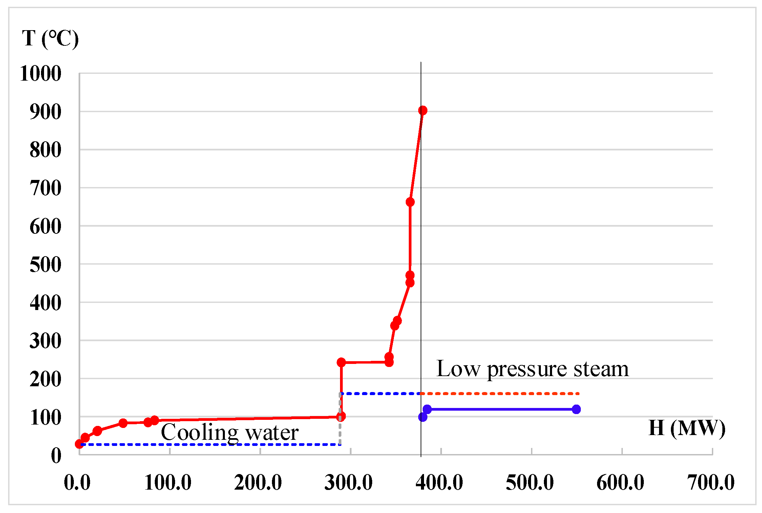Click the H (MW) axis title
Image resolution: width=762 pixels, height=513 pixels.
point(687,428)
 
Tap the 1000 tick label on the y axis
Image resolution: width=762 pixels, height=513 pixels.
point(41,73)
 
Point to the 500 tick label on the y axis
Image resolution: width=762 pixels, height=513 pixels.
point(45,265)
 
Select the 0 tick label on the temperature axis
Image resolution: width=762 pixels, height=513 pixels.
point(56,456)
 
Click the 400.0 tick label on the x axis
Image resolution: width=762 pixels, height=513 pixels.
point(439,483)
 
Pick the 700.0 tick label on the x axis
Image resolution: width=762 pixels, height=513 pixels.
point(711,483)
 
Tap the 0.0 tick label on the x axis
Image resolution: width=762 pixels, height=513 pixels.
point(77,483)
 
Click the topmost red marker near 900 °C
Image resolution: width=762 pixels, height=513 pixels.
point(423,110)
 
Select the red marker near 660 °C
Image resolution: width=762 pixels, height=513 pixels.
point(410,202)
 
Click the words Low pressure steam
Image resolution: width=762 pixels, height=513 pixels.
point(532,369)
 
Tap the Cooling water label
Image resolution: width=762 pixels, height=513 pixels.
point(230,432)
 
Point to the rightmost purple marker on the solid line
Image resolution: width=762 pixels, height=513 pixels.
point(576,409)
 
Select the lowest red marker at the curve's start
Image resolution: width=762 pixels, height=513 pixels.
point(79,444)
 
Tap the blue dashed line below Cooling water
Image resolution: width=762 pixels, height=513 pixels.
point(210,444)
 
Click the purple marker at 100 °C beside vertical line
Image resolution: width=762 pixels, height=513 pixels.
point(423,417)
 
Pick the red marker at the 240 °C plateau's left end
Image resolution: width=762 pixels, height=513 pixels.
point(341,363)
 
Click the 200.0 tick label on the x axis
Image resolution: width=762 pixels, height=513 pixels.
point(258,483)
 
